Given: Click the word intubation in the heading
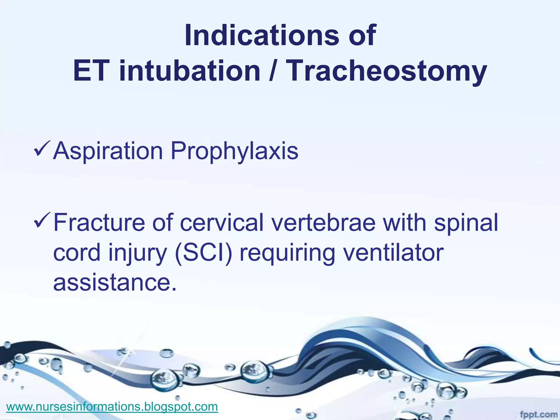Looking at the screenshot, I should pos(190,71).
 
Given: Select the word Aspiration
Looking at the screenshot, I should pos(108,151).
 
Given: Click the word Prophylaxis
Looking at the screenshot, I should pos(234,151).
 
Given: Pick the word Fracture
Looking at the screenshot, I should pos(99,223).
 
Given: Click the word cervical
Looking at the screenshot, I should pos(222,223).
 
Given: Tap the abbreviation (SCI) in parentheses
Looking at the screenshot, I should pos(204,253).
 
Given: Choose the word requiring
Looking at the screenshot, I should pos(287,253).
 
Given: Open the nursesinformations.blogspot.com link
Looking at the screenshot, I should pos(112,406).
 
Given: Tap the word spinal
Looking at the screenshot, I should pos(466,223).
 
